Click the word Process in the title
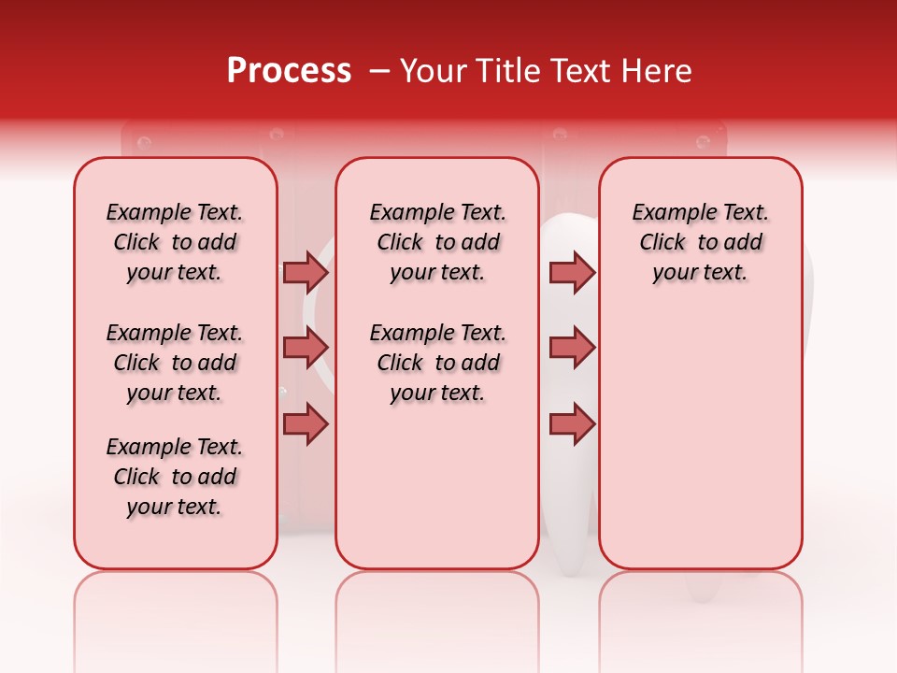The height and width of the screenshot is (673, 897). [x=289, y=70]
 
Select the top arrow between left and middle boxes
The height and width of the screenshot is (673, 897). [x=306, y=272]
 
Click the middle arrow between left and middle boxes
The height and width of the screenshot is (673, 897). [x=306, y=348]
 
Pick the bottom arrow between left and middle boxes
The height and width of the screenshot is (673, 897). [x=306, y=424]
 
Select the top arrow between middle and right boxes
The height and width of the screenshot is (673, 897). [x=572, y=272]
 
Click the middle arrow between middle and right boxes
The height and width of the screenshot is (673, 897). [x=572, y=348]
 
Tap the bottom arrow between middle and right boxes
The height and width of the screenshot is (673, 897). [x=572, y=424]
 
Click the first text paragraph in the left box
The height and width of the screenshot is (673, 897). [x=175, y=242]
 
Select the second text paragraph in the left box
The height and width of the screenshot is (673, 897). [x=175, y=363]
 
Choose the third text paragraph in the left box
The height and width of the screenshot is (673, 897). [x=175, y=477]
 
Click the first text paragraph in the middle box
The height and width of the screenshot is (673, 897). [x=437, y=242]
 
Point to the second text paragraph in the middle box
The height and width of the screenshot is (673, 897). [x=437, y=363]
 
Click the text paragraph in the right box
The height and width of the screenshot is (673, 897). [x=700, y=242]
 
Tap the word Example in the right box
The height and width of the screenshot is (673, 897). [x=671, y=212]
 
